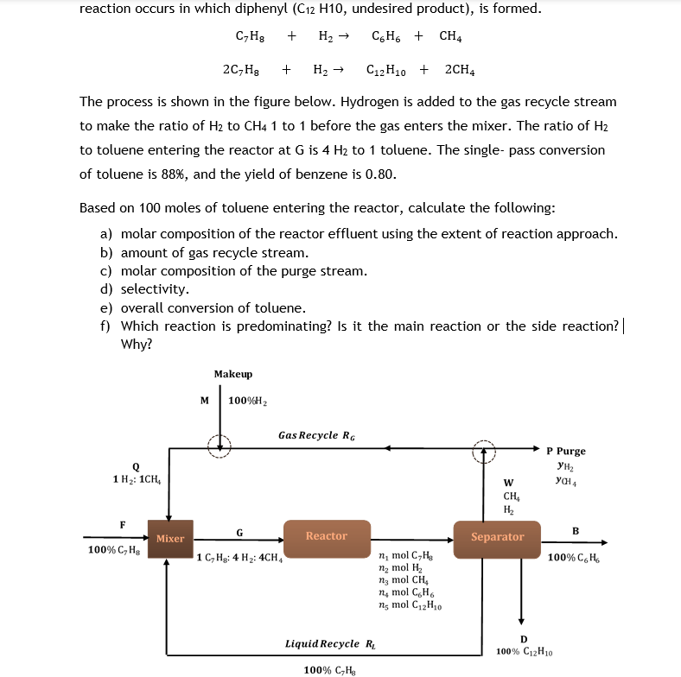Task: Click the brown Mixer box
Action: pos(169,538)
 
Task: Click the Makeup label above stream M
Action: pos(233,374)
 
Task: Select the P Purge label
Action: pos(566,451)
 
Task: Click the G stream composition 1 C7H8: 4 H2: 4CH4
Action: pos(239,557)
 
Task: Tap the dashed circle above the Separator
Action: pos(484,450)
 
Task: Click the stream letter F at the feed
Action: pos(123,523)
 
